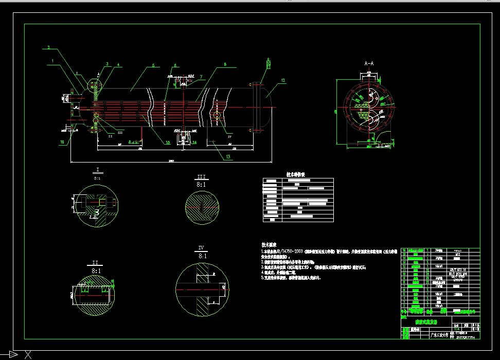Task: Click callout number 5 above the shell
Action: pos(153,66)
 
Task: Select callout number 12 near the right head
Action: pos(283,80)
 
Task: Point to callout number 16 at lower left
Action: pos(62,142)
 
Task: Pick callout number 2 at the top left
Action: pos(48,48)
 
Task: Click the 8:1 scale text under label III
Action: pos(201,184)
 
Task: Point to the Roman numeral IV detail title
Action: pos(201,247)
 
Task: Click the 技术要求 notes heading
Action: pos(270,245)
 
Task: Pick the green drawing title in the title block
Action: pos(423,321)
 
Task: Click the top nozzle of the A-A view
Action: pos(369,76)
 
